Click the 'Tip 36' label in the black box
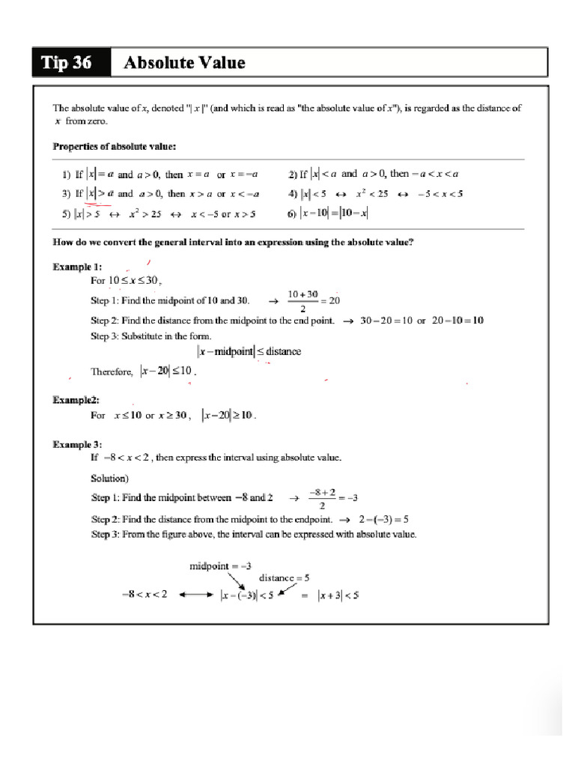[68, 63]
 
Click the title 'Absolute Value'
[184, 63]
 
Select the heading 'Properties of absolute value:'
[115, 146]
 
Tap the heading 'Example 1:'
[77, 267]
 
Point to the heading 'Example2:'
[76, 400]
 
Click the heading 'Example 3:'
[77, 444]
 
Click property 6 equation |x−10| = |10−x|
[334, 213]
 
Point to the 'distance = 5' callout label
[284, 577]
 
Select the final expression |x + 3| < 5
[338, 595]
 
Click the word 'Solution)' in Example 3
[110, 478]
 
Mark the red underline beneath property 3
[98, 202]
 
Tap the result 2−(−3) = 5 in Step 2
[383, 518]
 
